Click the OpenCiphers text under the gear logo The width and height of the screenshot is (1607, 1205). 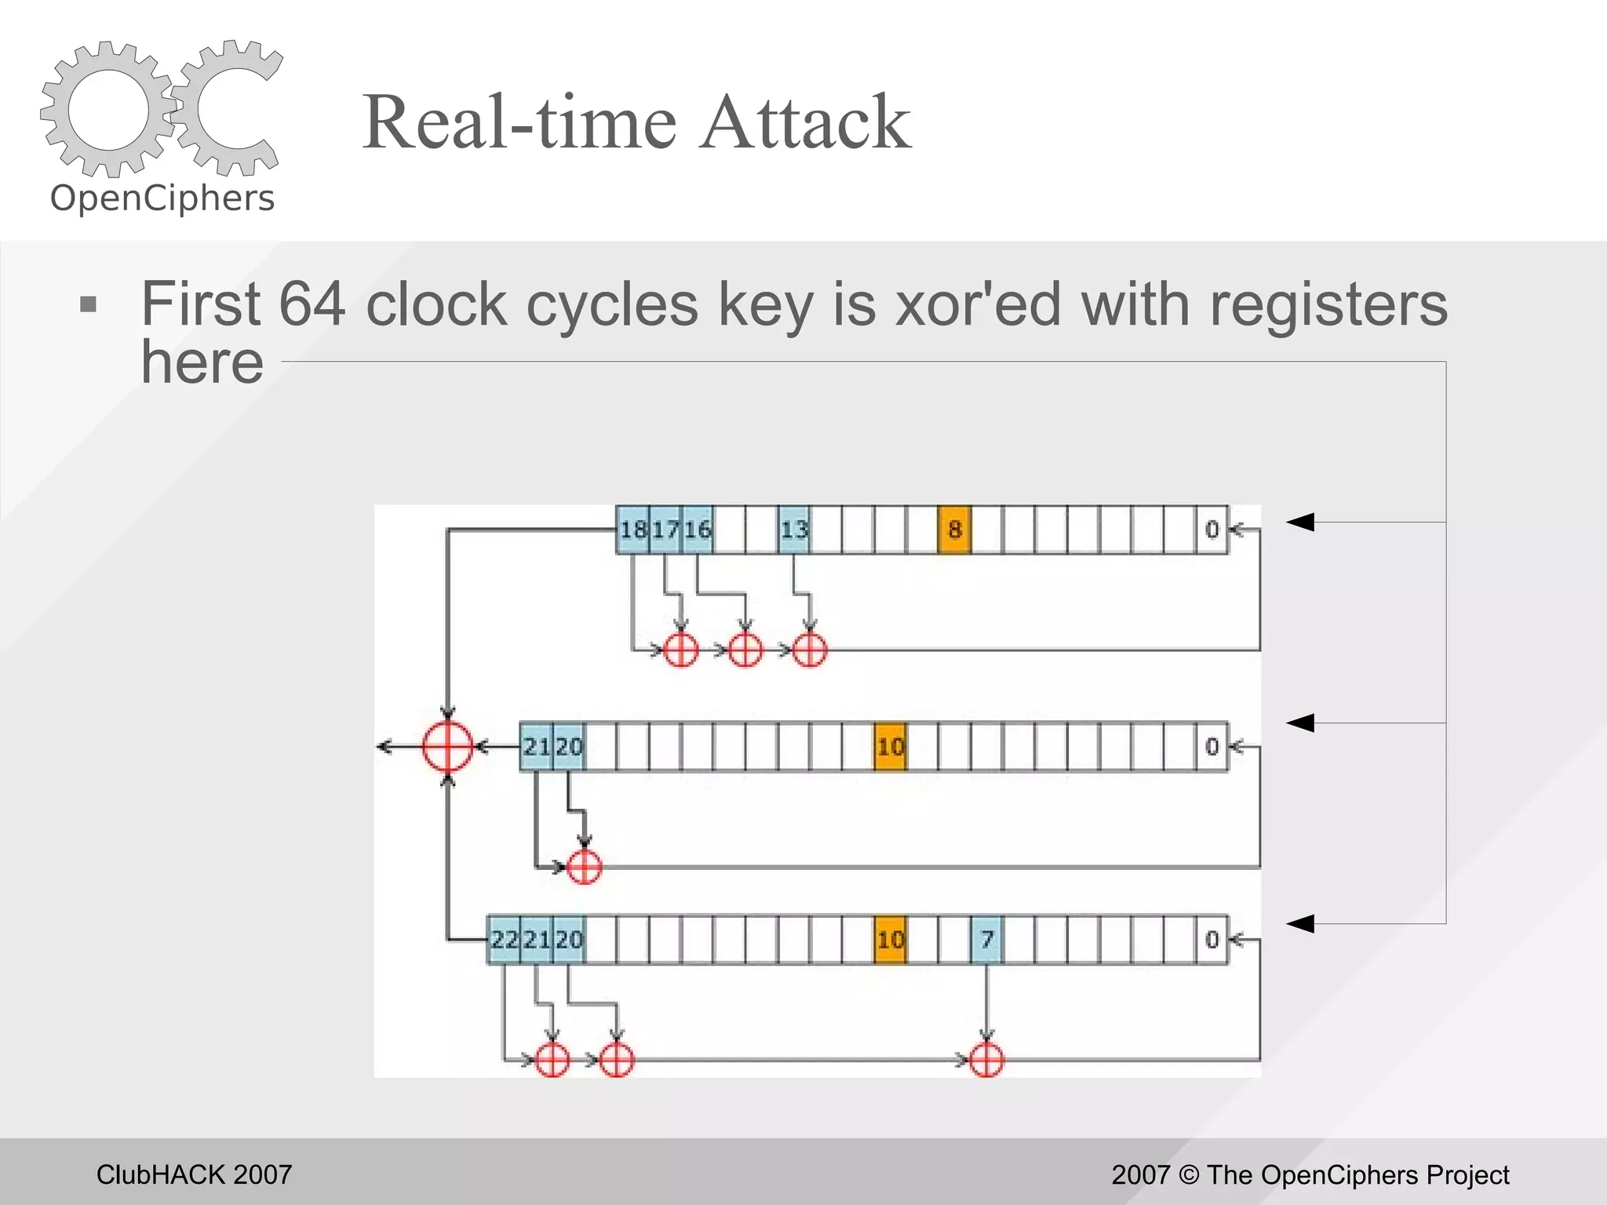(x=162, y=198)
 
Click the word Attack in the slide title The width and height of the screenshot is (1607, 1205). (x=805, y=122)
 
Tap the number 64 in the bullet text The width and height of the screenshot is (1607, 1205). (x=312, y=304)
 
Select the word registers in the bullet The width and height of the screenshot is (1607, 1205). (x=1328, y=304)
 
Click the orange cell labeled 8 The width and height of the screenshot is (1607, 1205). (x=954, y=530)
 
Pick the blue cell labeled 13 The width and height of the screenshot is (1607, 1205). (x=794, y=530)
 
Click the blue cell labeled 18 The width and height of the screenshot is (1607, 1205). (x=632, y=530)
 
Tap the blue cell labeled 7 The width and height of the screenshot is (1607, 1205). (x=987, y=939)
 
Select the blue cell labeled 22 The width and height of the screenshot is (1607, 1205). (x=504, y=939)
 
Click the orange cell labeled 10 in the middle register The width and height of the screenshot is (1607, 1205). (x=890, y=746)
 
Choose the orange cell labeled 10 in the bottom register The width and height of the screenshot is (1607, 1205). (x=890, y=939)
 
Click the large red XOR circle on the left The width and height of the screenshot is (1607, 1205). (x=447, y=746)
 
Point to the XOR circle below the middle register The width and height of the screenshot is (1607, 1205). (x=584, y=867)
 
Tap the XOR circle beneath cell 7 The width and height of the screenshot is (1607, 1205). (x=986, y=1061)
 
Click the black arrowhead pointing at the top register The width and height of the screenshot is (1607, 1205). (x=1300, y=522)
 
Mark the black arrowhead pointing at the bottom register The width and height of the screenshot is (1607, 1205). (x=1300, y=923)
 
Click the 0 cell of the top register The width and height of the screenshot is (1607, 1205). (x=1212, y=530)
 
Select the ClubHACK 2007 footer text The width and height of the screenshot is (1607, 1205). (x=194, y=1174)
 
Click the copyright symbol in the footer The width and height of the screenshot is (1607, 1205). (x=1189, y=1175)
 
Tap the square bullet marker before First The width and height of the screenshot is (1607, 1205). (x=89, y=304)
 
